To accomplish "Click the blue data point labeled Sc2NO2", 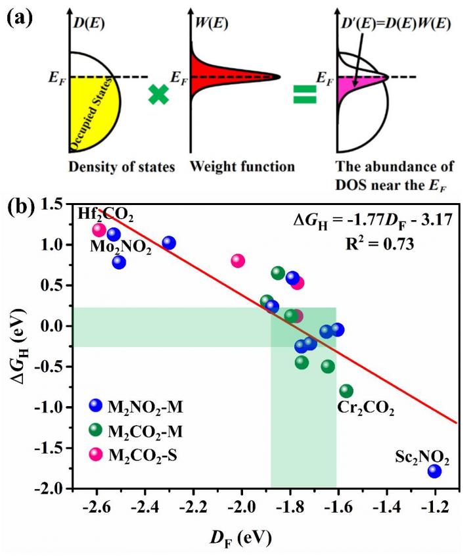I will pos(434,471).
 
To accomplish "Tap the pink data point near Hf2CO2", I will pos(99,229).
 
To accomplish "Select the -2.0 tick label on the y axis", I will pos(52,489).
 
